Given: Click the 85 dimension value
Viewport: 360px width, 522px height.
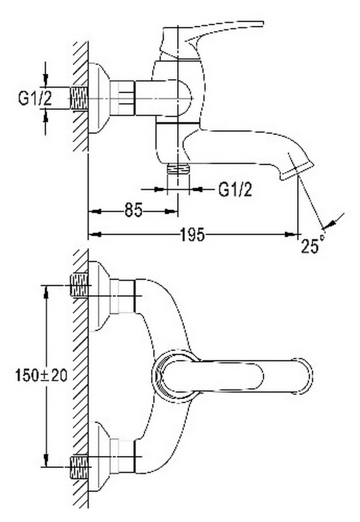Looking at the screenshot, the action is tap(134, 210).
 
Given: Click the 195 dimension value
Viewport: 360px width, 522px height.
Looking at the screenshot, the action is tap(192, 235).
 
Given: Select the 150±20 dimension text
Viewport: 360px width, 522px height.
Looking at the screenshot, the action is tap(41, 376).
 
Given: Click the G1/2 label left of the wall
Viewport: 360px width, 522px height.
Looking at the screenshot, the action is tap(35, 98).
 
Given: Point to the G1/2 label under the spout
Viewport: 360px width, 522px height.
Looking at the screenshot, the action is tap(235, 190).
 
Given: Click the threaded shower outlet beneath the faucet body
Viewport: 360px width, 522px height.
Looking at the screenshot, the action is tap(178, 169).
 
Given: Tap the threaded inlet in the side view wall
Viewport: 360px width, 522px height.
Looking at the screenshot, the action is tap(79, 98).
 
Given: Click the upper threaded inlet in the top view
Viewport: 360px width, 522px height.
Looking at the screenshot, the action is tap(79, 286).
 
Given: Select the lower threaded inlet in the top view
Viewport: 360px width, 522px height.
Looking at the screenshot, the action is tap(79, 466).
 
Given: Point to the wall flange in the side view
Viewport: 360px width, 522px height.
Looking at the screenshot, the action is tap(99, 98).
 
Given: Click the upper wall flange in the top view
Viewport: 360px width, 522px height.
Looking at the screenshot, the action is tap(99, 296).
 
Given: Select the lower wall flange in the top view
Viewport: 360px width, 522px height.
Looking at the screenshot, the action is tap(99, 456).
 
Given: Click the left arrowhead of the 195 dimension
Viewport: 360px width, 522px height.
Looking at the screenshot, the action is tap(94, 235).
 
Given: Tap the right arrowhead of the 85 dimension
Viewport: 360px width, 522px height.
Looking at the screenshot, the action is tap(171, 211).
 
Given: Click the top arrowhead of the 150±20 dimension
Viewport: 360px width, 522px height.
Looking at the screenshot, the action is tap(46, 292).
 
